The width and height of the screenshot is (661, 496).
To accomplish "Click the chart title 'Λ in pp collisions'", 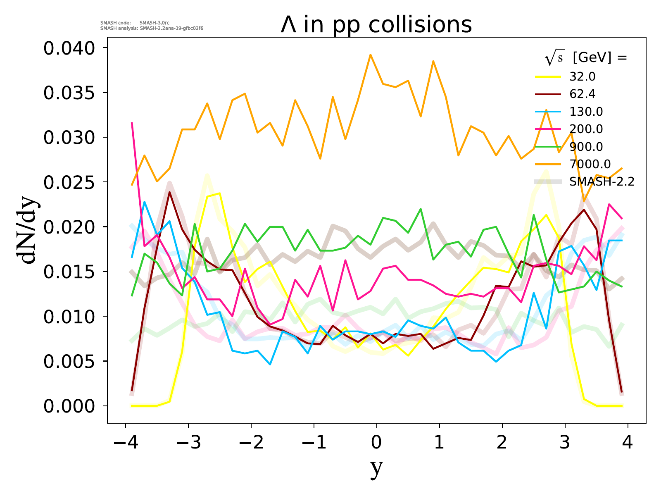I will [376, 25].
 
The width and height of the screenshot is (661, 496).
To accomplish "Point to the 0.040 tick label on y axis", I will [69, 48].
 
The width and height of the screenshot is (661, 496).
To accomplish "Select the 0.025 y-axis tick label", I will [69, 183].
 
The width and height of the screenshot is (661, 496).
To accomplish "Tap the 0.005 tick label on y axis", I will [69, 362].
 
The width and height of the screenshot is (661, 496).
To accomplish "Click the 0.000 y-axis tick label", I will [69, 406].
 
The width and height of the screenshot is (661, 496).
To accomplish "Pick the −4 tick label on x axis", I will [125, 443].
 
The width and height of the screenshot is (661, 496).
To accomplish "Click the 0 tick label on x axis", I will [376, 443].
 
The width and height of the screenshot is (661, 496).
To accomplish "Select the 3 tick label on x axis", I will [565, 443].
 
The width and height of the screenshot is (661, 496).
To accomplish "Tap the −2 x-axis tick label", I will [250, 443].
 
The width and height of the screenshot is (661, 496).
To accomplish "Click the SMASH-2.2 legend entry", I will [602, 182].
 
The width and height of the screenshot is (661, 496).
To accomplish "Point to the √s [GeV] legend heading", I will [586, 58].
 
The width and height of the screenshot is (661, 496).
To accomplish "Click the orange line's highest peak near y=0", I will [370, 55].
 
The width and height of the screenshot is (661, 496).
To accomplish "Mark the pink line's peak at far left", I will [132, 123].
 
